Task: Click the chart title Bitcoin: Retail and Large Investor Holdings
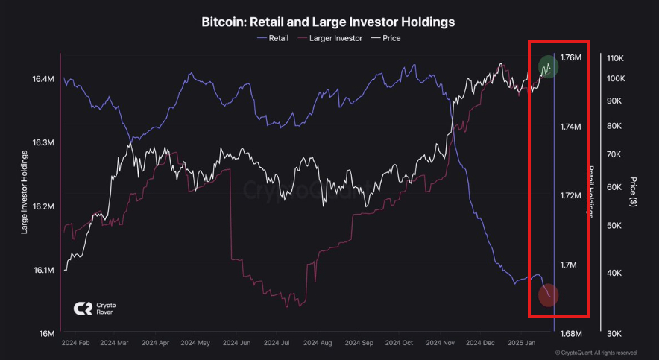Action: pos(328,22)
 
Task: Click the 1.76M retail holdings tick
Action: pos(570,58)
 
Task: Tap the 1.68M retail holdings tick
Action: pos(570,333)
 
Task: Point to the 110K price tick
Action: pos(619,58)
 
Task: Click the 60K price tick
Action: pos(620,186)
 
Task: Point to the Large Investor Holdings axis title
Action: pos(25,192)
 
